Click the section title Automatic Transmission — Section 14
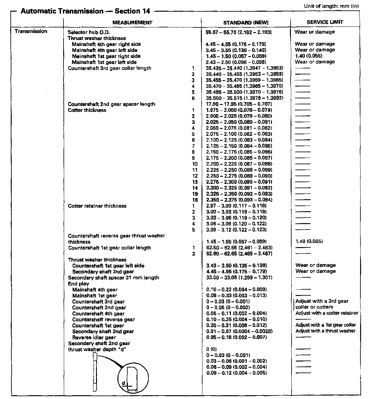click(x=85, y=11)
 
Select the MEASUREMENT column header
click(x=132, y=23)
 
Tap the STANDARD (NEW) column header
click(x=245, y=23)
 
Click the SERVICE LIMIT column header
click(x=325, y=22)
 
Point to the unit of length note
click(x=331, y=6)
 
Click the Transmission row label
click(x=31, y=32)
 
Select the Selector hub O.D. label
click(x=89, y=32)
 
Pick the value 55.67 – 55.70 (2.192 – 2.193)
click(x=238, y=32)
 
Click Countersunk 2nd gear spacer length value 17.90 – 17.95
click(x=236, y=104)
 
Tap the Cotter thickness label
click(x=87, y=110)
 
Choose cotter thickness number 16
click(x=195, y=200)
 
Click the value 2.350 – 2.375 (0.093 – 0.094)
click(x=239, y=200)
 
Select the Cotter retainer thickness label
click(x=97, y=206)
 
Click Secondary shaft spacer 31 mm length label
click(x=113, y=278)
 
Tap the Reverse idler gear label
click(x=94, y=338)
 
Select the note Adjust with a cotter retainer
click(x=327, y=313)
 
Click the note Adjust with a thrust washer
click(x=325, y=331)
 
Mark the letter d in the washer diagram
click(x=123, y=383)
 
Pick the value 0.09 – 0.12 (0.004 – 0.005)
click(x=236, y=373)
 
